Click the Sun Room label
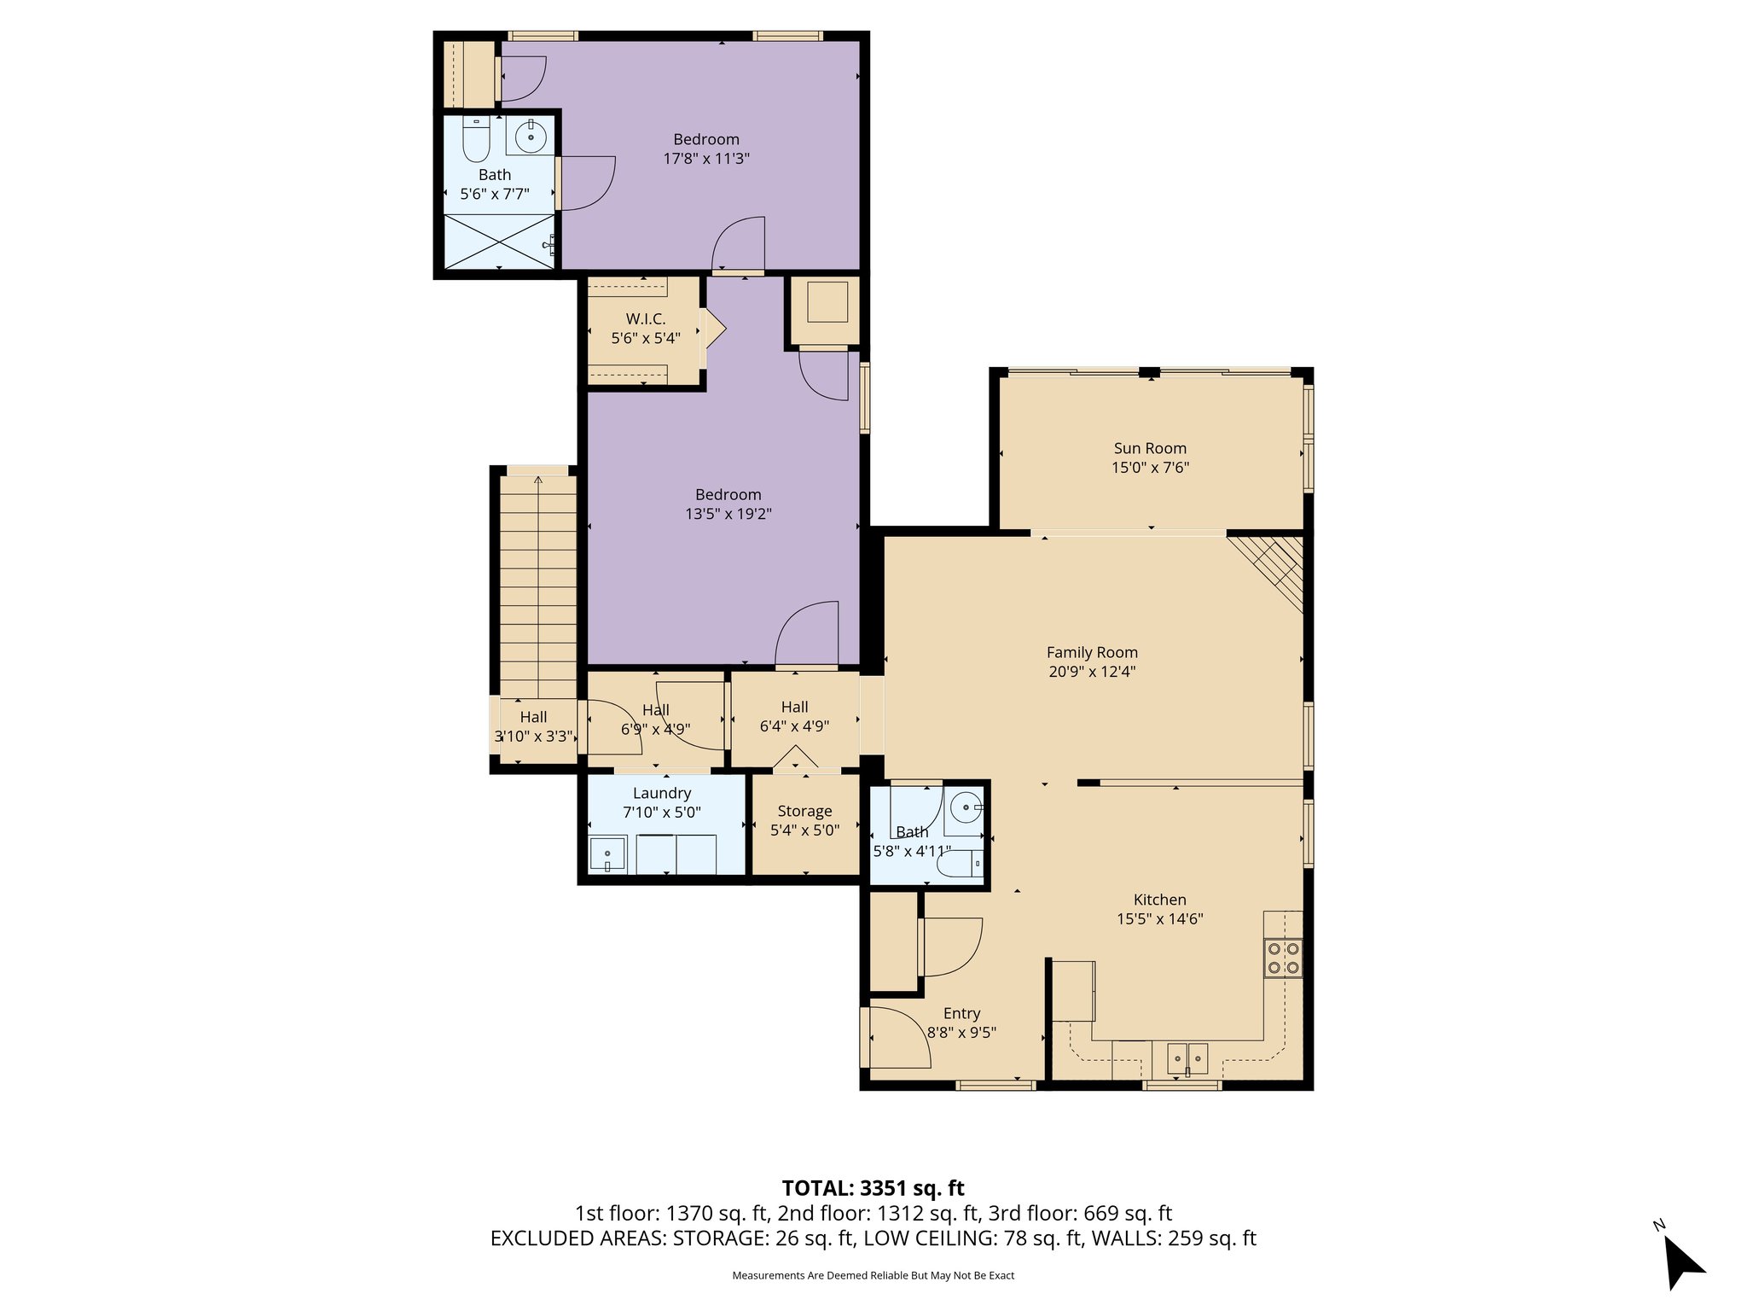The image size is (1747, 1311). [x=1150, y=448]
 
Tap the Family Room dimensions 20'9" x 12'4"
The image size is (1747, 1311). [x=1092, y=672]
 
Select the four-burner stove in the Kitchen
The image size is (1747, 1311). [x=1283, y=957]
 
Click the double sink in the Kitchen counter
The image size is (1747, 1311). [x=1187, y=1059]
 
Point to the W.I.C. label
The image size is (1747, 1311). [x=646, y=319]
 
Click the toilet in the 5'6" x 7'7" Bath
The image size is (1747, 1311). [x=475, y=142]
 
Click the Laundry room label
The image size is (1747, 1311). [x=662, y=793]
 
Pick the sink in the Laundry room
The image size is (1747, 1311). [x=607, y=854]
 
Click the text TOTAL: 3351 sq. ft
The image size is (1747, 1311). [x=873, y=1188]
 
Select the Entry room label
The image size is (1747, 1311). [x=961, y=1013]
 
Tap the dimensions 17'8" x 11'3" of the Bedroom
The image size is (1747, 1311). [x=706, y=159]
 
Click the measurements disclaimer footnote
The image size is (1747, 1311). [x=873, y=1276]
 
